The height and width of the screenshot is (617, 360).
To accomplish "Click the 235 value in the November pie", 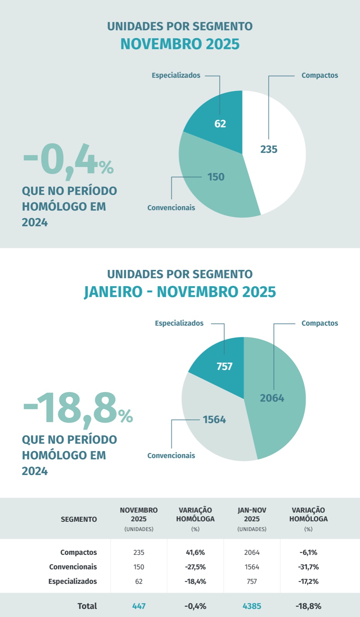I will click(269, 149).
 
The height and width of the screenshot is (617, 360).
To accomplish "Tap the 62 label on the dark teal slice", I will click(220, 124).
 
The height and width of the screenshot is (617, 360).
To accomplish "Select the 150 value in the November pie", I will click(216, 177).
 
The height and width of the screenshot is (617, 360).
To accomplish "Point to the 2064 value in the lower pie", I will click(272, 398).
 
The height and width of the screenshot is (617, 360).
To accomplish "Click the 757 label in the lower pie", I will click(224, 366).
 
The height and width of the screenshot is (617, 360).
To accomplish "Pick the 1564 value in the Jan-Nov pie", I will click(214, 420).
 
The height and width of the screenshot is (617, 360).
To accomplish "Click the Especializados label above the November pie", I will click(176, 75).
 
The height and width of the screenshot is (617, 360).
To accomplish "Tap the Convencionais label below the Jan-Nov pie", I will click(171, 455).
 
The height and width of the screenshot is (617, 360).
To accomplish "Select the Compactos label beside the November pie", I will click(319, 75).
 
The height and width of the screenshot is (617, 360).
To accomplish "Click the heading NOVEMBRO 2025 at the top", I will click(180, 44).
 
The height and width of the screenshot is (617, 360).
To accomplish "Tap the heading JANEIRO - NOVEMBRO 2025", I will click(180, 292).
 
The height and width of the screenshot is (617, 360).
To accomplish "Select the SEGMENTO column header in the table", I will click(79, 519).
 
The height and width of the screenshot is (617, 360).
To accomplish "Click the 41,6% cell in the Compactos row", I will click(195, 552).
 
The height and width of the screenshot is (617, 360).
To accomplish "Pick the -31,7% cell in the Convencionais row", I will click(308, 567).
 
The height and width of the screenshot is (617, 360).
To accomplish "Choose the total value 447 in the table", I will click(139, 606).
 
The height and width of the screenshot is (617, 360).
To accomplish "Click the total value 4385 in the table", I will click(252, 606).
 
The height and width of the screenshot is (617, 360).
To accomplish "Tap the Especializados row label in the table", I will click(73, 581).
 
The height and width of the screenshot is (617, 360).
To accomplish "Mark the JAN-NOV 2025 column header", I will click(252, 514).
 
